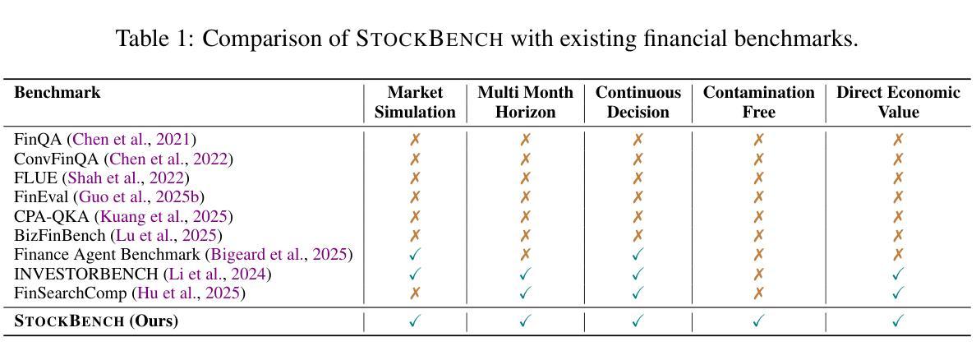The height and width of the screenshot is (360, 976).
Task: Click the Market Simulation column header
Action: click(415, 103)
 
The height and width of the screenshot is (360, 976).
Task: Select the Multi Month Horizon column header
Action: click(525, 103)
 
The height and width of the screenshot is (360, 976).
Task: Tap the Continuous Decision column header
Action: click(638, 103)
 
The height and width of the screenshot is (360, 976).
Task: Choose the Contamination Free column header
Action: click(759, 103)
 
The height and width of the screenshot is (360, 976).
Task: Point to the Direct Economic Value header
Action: click(898, 103)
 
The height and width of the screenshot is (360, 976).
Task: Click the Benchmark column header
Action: click(58, 94)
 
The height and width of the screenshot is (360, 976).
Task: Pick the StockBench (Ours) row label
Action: click(96, 322)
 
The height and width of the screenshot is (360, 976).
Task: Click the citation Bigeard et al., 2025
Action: click(282, 255)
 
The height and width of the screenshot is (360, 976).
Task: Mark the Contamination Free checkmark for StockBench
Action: click(759, 321)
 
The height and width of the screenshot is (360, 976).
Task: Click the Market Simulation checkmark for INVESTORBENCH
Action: click(415, 274)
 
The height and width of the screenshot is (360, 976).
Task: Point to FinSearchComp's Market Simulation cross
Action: click(415, 293)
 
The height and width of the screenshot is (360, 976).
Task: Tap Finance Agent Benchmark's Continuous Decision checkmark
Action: click(638, 254)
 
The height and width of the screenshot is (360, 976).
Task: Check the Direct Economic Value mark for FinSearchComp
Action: click(898, 293)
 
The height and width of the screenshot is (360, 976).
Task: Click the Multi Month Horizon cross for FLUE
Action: click(525, 178)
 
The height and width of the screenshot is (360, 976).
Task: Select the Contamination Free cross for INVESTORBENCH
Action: click(759, 274)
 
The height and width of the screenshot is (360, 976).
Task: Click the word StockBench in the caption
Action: click(430, 39)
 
